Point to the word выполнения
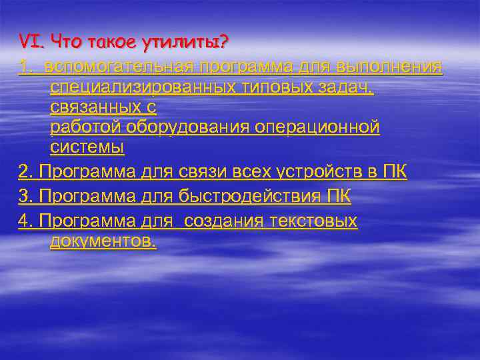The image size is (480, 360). (x=390, y=67)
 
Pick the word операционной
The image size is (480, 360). (x=317, y=127)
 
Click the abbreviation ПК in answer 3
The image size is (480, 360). (x=340, y=197)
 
